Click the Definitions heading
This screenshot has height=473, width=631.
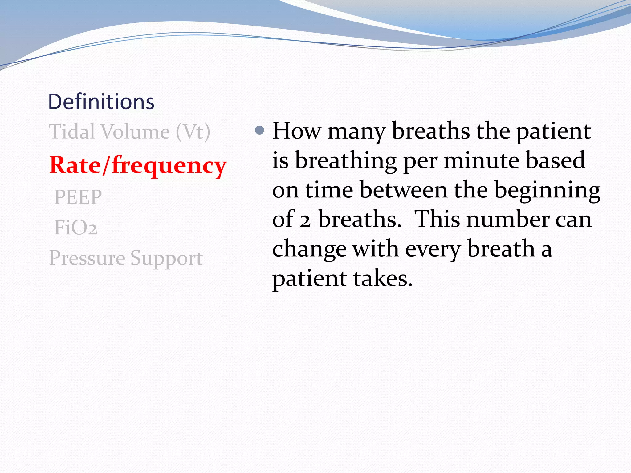101,102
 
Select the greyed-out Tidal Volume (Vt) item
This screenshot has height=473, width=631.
129,132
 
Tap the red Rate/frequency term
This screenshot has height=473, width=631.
138,165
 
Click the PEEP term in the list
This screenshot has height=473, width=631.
78,197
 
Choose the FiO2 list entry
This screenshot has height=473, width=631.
76,228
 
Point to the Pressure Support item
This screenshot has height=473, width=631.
126,258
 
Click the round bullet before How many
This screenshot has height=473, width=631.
260,131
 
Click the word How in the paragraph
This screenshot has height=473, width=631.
296,131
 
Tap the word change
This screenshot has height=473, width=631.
309,249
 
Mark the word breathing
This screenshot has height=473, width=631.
346,161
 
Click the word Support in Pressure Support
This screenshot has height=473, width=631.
166,258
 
